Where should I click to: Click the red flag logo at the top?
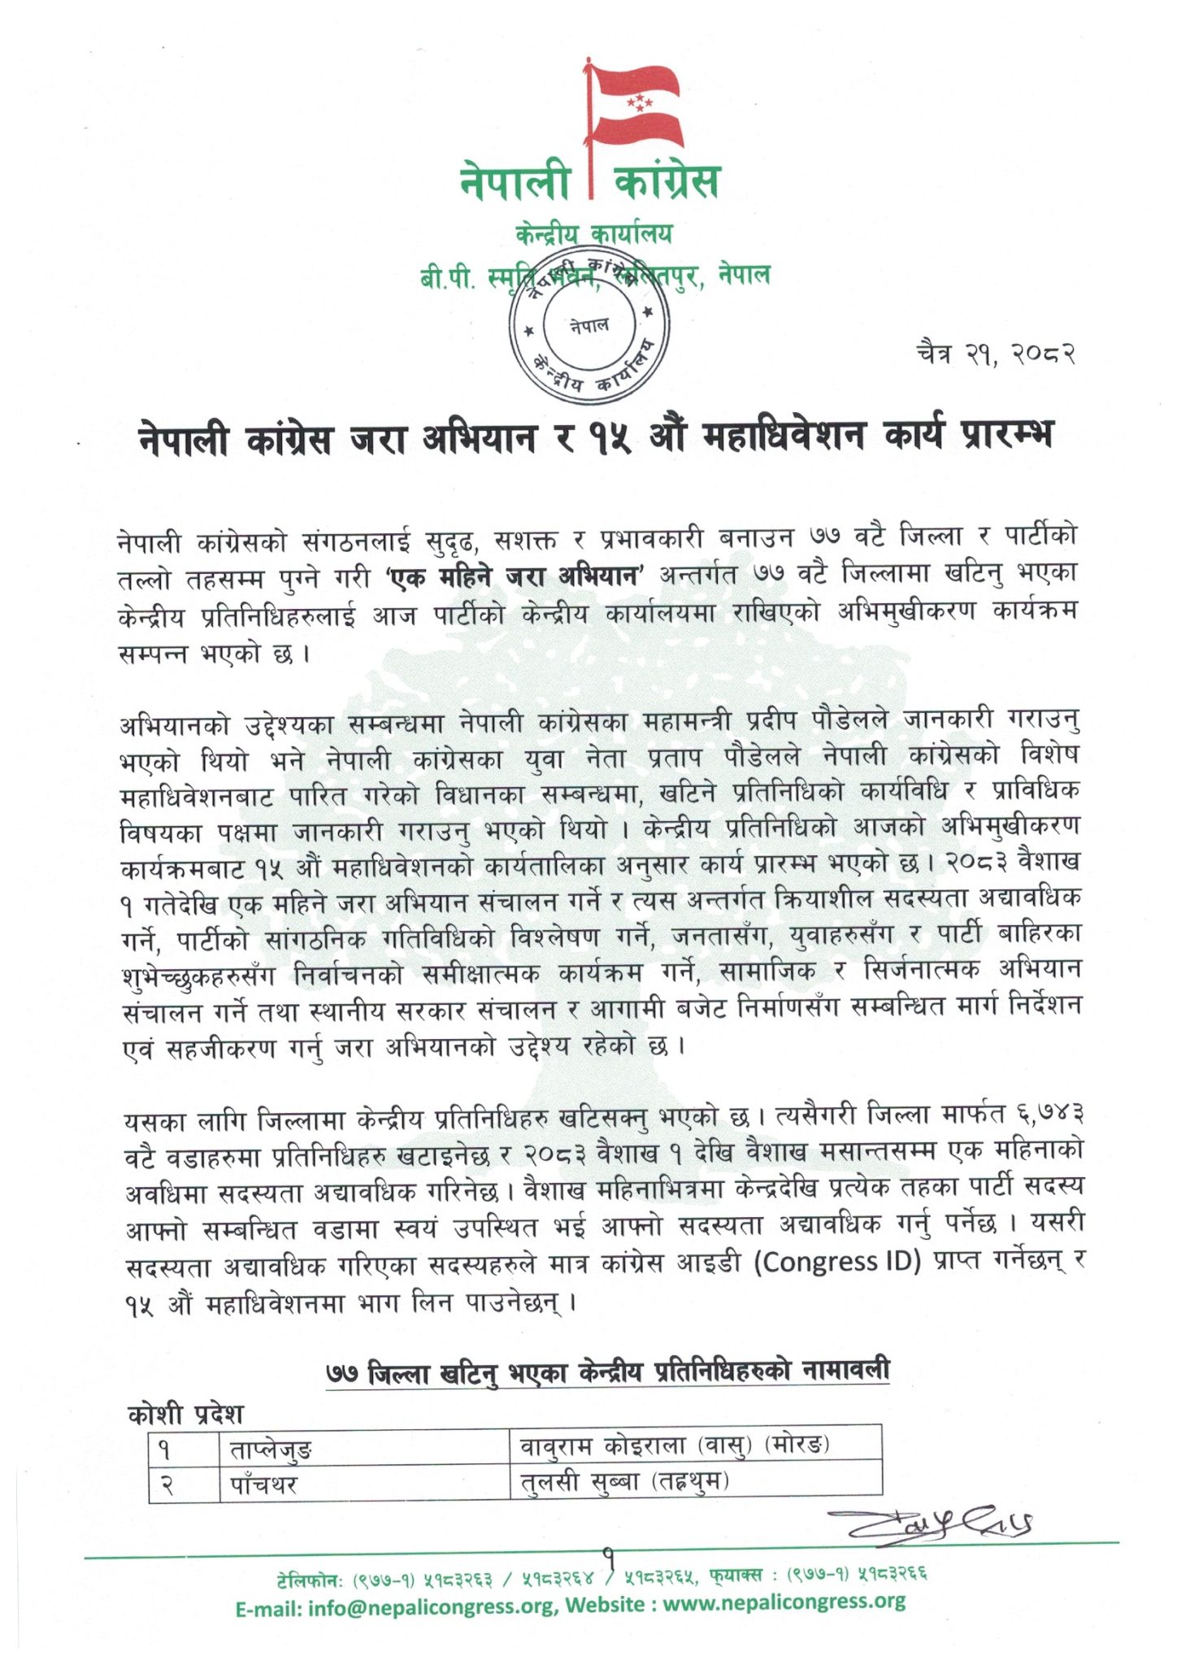pos(634,106)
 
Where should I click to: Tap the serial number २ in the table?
pos(166,1485)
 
